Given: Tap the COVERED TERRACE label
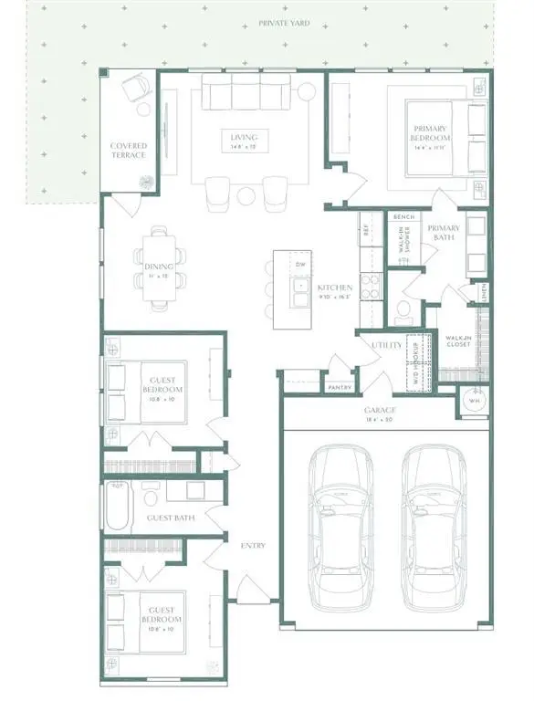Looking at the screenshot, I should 129,151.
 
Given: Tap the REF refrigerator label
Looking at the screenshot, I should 365,232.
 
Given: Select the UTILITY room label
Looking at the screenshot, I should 381,345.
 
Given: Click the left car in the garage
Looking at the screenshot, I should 340,529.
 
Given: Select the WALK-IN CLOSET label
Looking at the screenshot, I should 457,341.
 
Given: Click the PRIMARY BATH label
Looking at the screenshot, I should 443,234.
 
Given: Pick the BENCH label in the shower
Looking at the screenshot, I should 403,217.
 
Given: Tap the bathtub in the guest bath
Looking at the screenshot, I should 120,507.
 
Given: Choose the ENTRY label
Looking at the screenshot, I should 253,546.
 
